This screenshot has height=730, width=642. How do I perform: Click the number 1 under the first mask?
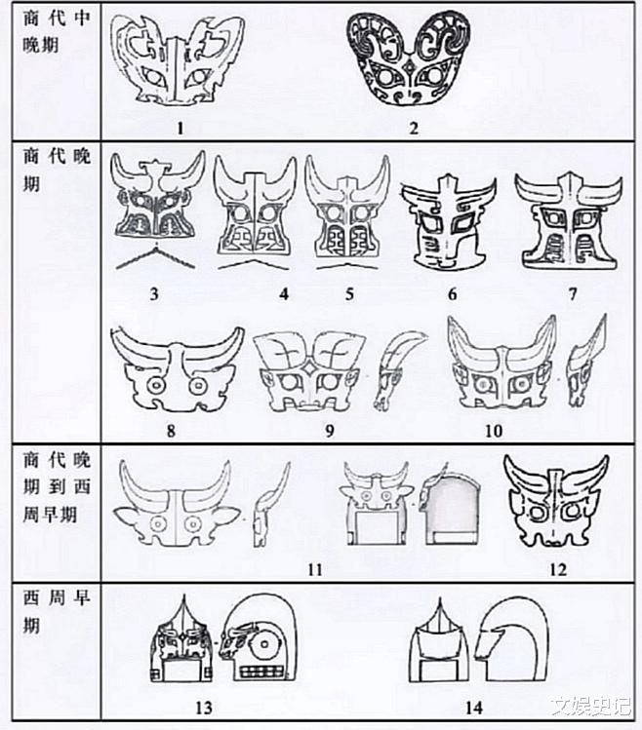click(x=181, y=128)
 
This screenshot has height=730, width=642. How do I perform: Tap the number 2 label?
click(x=414, y=128)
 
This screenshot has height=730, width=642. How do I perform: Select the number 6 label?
click(x=453, y=293)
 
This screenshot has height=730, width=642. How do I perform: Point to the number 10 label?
click(x=494, y=431)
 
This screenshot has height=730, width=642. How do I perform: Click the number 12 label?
click(x=558, y=569)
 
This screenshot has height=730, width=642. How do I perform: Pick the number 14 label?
click(x=473, y=708)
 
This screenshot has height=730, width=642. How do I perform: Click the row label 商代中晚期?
click(x=56, y=31)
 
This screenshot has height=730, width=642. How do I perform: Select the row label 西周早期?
click(x=56, y=611)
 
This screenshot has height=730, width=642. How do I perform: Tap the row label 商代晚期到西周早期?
click(x=56, y=487)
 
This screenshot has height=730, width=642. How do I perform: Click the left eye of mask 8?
click(x=154, y=386)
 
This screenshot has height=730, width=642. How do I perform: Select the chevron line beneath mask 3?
click(x=155, y=257)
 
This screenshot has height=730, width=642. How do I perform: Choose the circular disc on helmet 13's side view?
click(x=264, y=644)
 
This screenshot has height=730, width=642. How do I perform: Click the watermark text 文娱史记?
click(x=590, y=707)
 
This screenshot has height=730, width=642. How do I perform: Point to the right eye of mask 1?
click(x=198, y=78)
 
